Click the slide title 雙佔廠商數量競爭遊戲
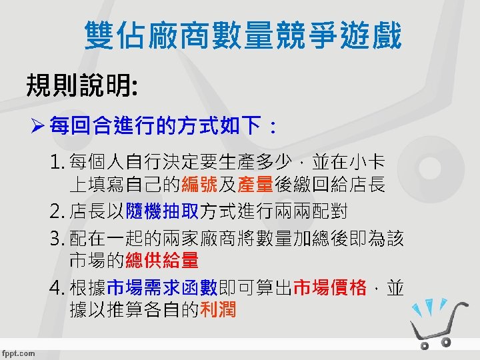pos(243,36)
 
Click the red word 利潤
pos(217,310)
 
